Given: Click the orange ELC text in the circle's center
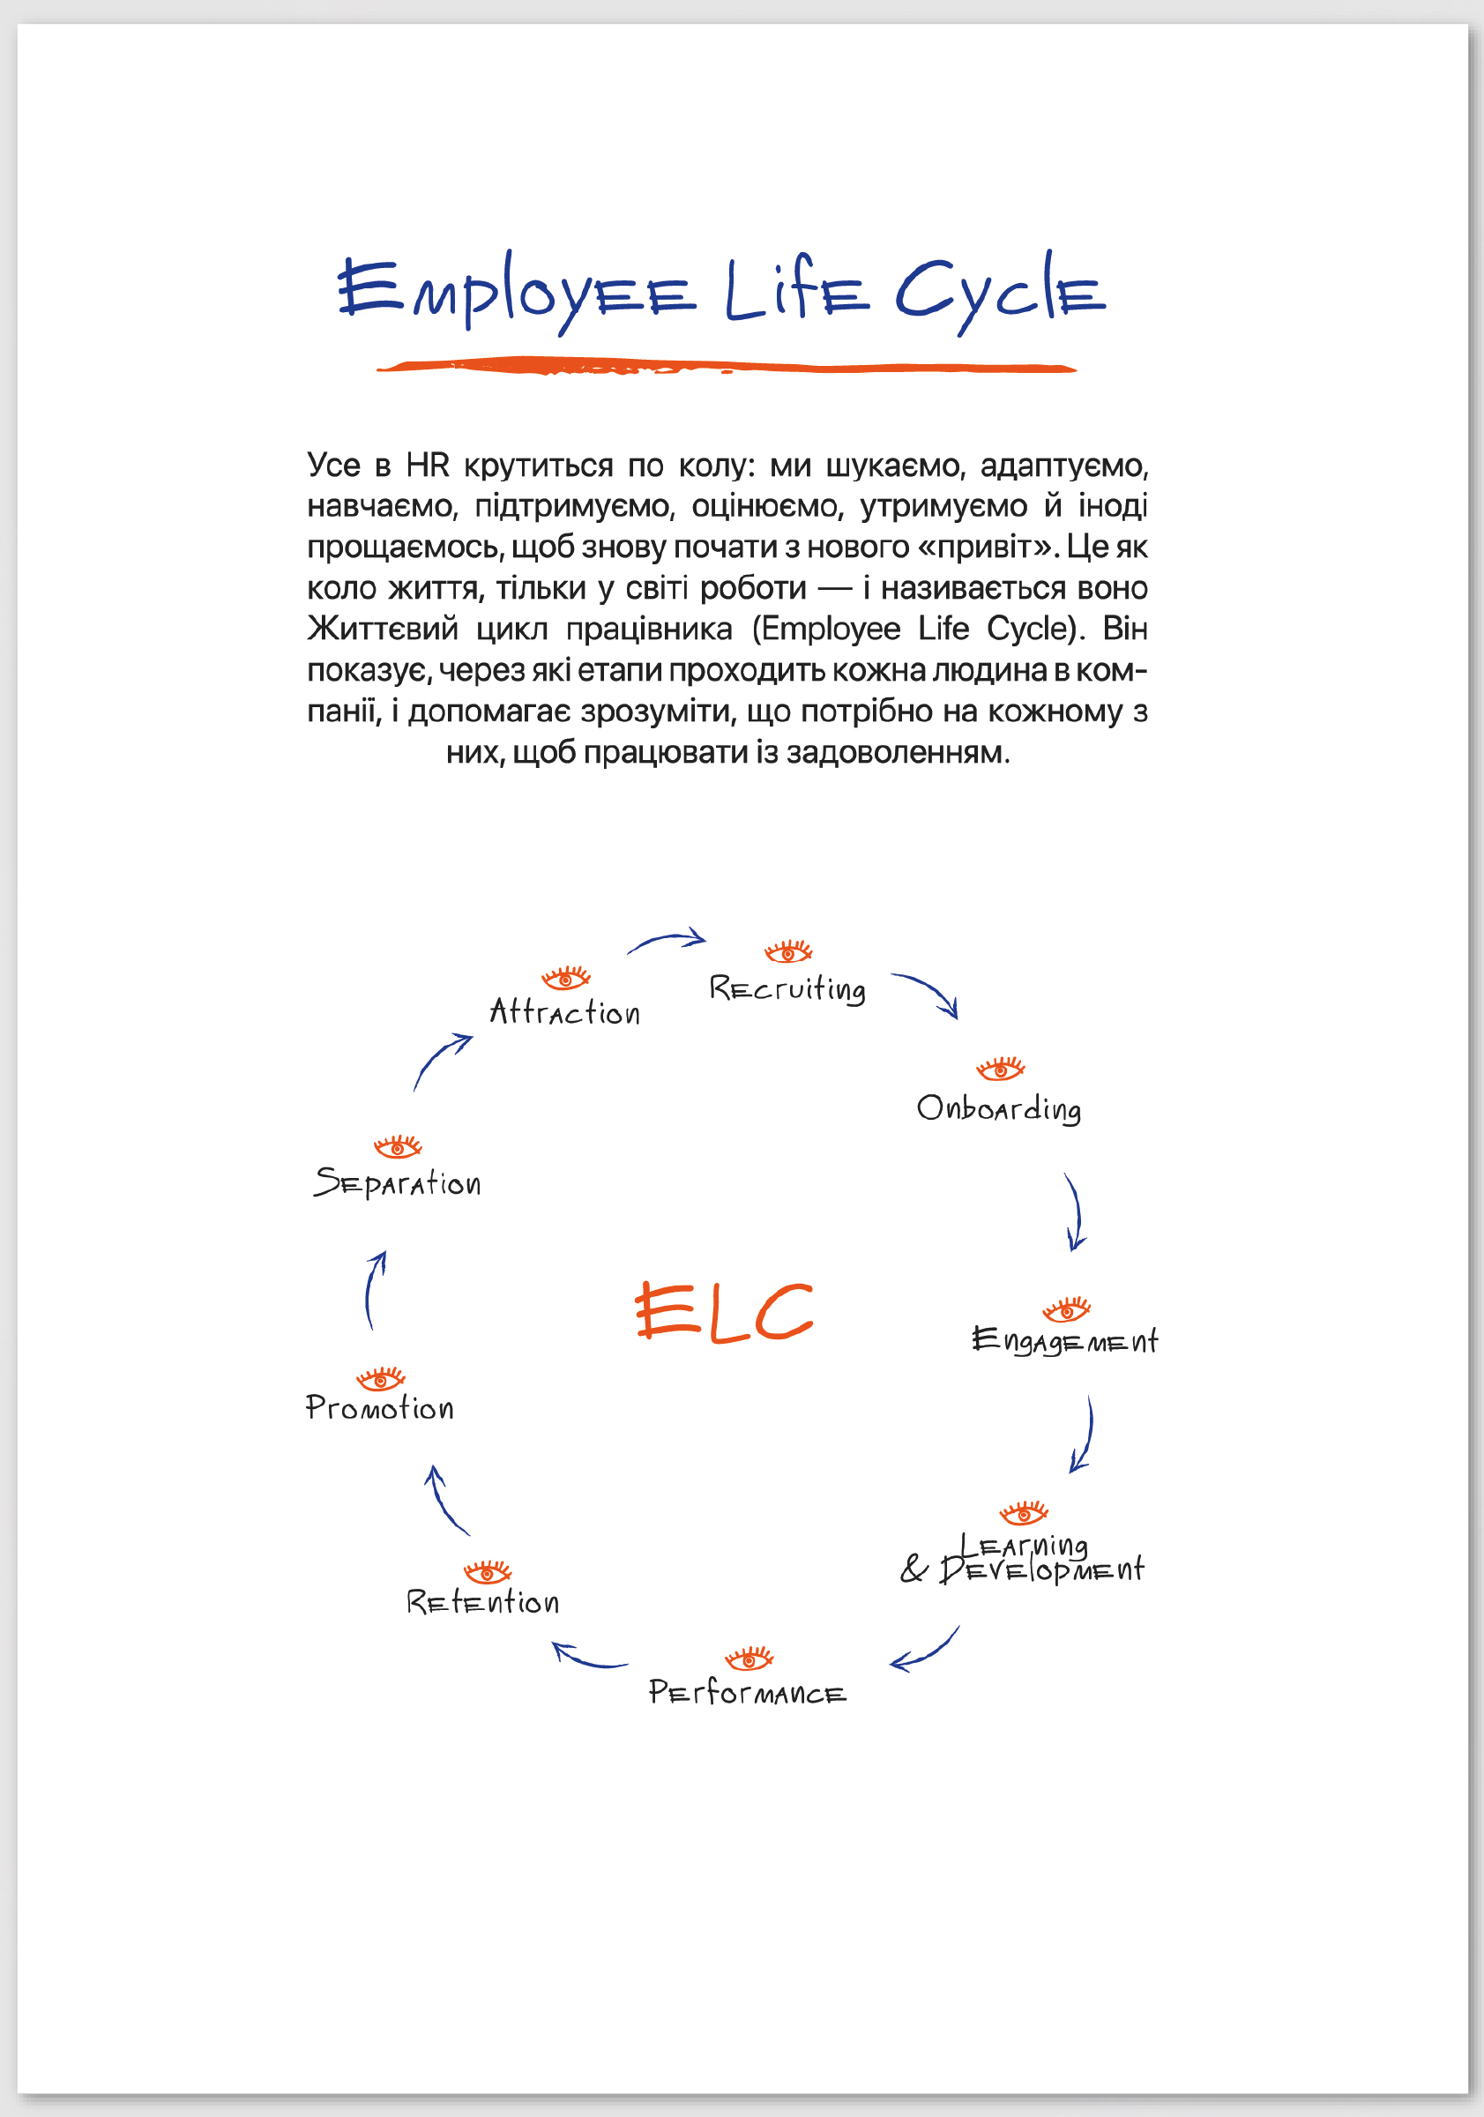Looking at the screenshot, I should [x=725, y=1311].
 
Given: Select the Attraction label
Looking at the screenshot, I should [x=564, y=1012].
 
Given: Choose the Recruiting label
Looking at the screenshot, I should [x=787, y=988].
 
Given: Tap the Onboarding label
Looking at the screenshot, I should [x=999, y=1108].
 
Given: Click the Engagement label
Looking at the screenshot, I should [x=1064, y=1340].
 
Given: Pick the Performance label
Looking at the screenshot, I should [x=747, y=1693].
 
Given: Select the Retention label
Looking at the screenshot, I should [x=482, y=1602].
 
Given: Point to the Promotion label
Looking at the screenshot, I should [x=380, y=1408].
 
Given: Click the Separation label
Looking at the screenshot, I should [x=398, y=1183].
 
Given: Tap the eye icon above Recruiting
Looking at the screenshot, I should [x=788, y=951].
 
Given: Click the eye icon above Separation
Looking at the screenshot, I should [x=398, y=1146].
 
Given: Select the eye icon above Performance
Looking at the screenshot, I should [x=749, y=1659].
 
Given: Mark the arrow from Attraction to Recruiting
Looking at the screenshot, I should [x=667, y=942].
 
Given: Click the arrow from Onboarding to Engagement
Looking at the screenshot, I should [x=1074, y=1211].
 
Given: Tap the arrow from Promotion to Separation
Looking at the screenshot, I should [x=375, y=1289].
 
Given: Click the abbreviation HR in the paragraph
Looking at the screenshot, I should [x=428, y=466].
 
